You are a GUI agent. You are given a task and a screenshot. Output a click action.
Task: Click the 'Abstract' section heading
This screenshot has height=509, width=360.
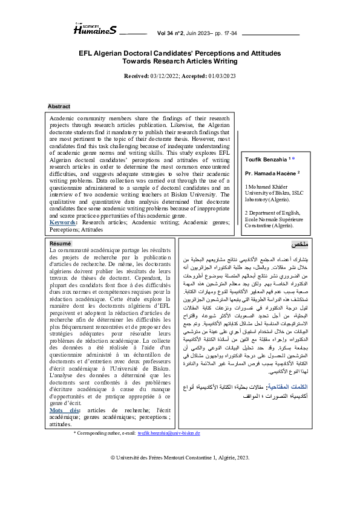point(59,106)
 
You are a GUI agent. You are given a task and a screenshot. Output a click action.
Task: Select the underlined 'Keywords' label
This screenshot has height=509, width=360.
point(62,222)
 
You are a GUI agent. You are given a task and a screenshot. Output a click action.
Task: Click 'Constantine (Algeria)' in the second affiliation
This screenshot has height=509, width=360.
point(270,225)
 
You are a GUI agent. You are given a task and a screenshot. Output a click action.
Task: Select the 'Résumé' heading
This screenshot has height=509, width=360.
point(60,243)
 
